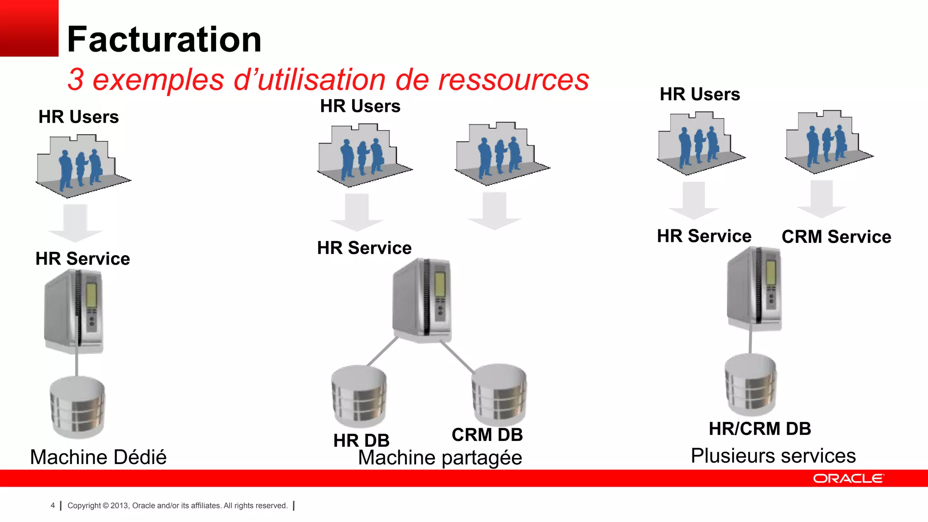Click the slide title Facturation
tap(164, 39)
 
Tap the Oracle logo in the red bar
tap(848, 478)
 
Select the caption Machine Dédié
tap(98, 457)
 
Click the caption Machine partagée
tap(440, 458)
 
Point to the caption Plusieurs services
tap(773, 455)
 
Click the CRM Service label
tap(836, 237)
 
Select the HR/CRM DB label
tap(760, 429)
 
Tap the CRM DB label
tap(487, 435)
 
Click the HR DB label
tap(361, 440)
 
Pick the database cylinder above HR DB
tap(359, 396)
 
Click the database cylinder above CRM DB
tap(499, 394)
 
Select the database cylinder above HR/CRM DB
tap(751, 384)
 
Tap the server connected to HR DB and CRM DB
tap(423, 300)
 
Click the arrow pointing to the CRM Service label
tap(822, 199)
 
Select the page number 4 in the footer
tap(53, 505)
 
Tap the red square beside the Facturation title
tap(29, 28)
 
